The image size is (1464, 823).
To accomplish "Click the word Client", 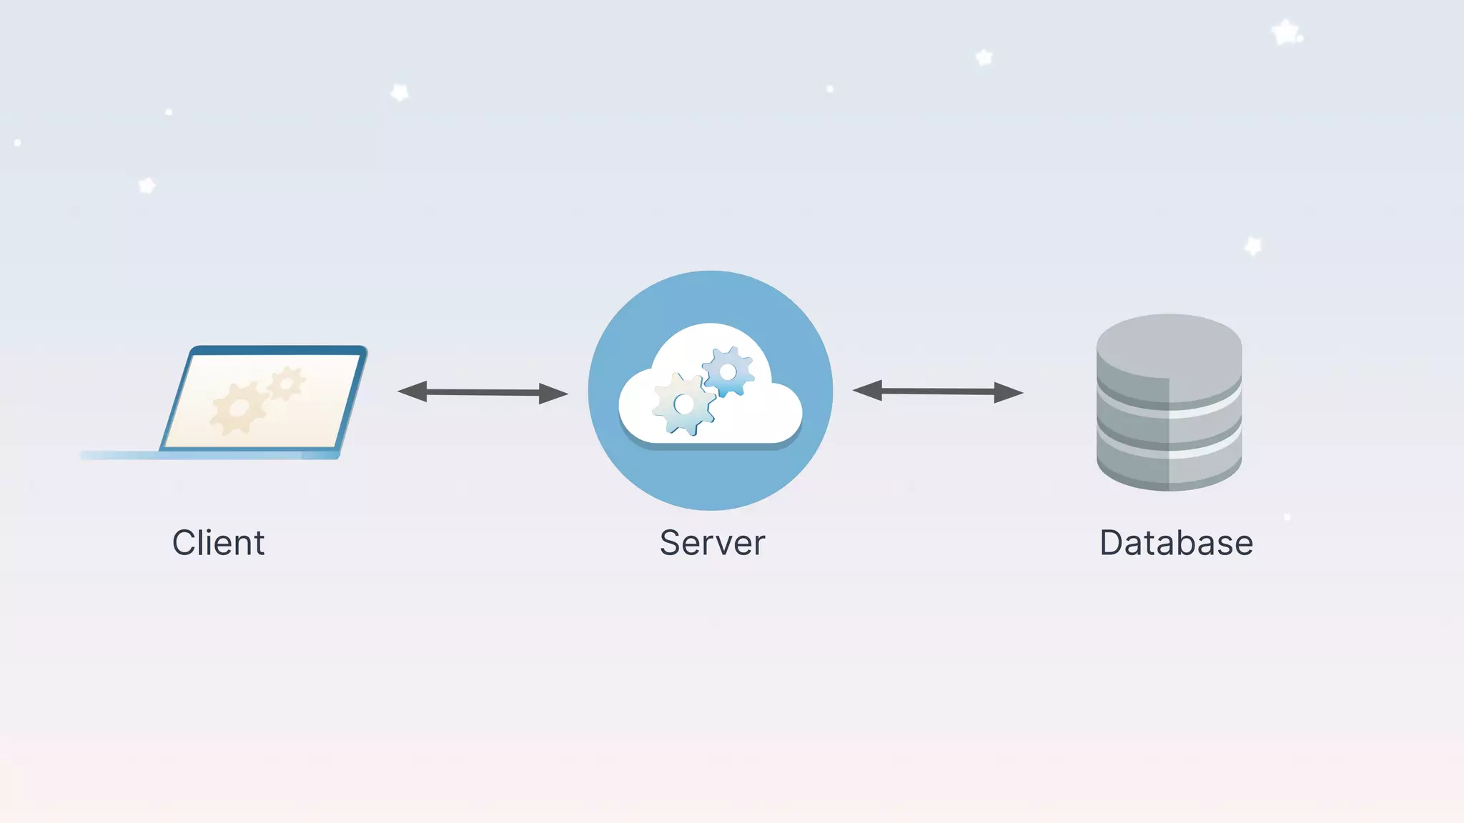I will click(x=218, y=543).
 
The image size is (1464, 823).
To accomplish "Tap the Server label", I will click(x=712, y=543).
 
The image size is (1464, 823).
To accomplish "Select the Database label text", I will click(x=1176, y=543).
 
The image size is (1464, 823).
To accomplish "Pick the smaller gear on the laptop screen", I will click(x=287, y=384).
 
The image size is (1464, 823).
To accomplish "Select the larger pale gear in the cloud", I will click(x=684, y=404).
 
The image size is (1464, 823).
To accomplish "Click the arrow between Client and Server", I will click(x=483, y=392).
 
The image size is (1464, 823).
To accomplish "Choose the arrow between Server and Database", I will click(x=938, y=391).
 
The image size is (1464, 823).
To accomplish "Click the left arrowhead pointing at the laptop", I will click(x=412, y=391).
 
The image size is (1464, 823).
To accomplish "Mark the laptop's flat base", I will click(x=207, y=455).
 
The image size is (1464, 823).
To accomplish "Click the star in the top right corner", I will click(x=1286, y=33).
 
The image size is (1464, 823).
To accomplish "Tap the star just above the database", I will click(x=1253, y=246).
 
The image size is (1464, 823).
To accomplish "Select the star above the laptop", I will click(x=147, y=186).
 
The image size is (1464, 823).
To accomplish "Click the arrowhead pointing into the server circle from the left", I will click(x=553, y=393).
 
